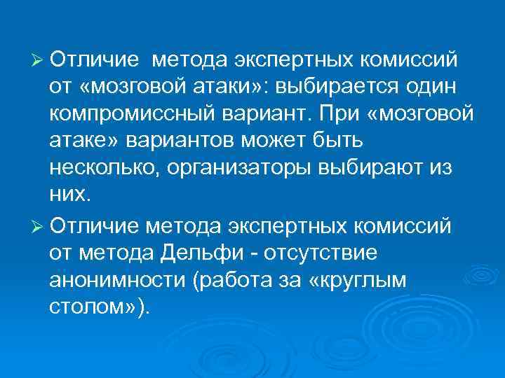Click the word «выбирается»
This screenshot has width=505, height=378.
[332, 87]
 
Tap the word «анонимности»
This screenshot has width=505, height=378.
[115, 280]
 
